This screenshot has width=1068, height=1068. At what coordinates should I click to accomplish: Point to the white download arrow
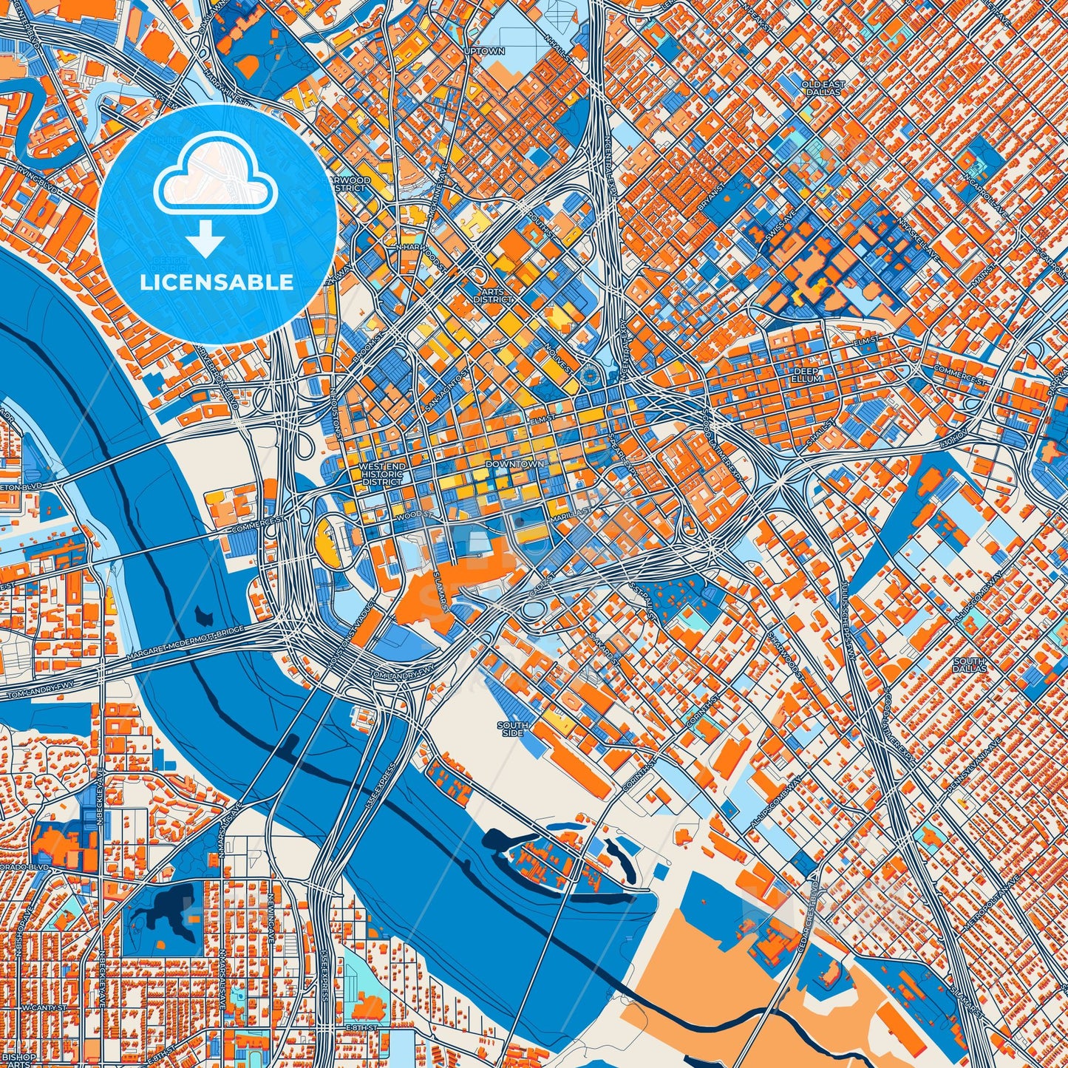point(205,239)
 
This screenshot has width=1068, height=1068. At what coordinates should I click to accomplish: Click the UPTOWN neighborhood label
point(484,51)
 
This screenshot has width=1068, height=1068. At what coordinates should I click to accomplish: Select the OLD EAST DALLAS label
point(823,89)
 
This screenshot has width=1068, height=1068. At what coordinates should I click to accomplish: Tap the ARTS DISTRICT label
point(494,296)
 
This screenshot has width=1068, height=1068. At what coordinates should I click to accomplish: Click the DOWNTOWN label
point(515,464)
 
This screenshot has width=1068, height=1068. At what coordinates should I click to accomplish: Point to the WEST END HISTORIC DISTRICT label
point(382,475)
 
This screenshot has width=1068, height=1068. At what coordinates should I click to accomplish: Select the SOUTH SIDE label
point(512,729)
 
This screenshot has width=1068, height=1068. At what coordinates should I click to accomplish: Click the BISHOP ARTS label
point(16,1058)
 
